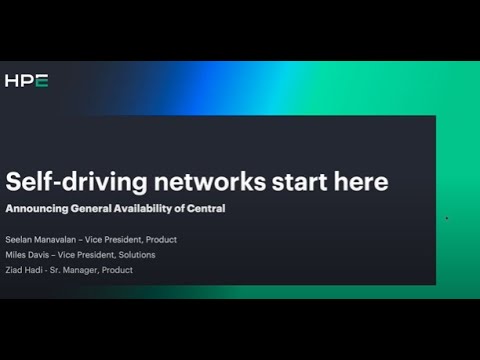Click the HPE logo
27,80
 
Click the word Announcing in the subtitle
39,208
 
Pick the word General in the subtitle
99,208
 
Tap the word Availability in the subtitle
160,208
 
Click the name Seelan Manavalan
41,240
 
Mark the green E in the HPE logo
42,80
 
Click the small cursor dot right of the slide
446,217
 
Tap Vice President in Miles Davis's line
98,255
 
